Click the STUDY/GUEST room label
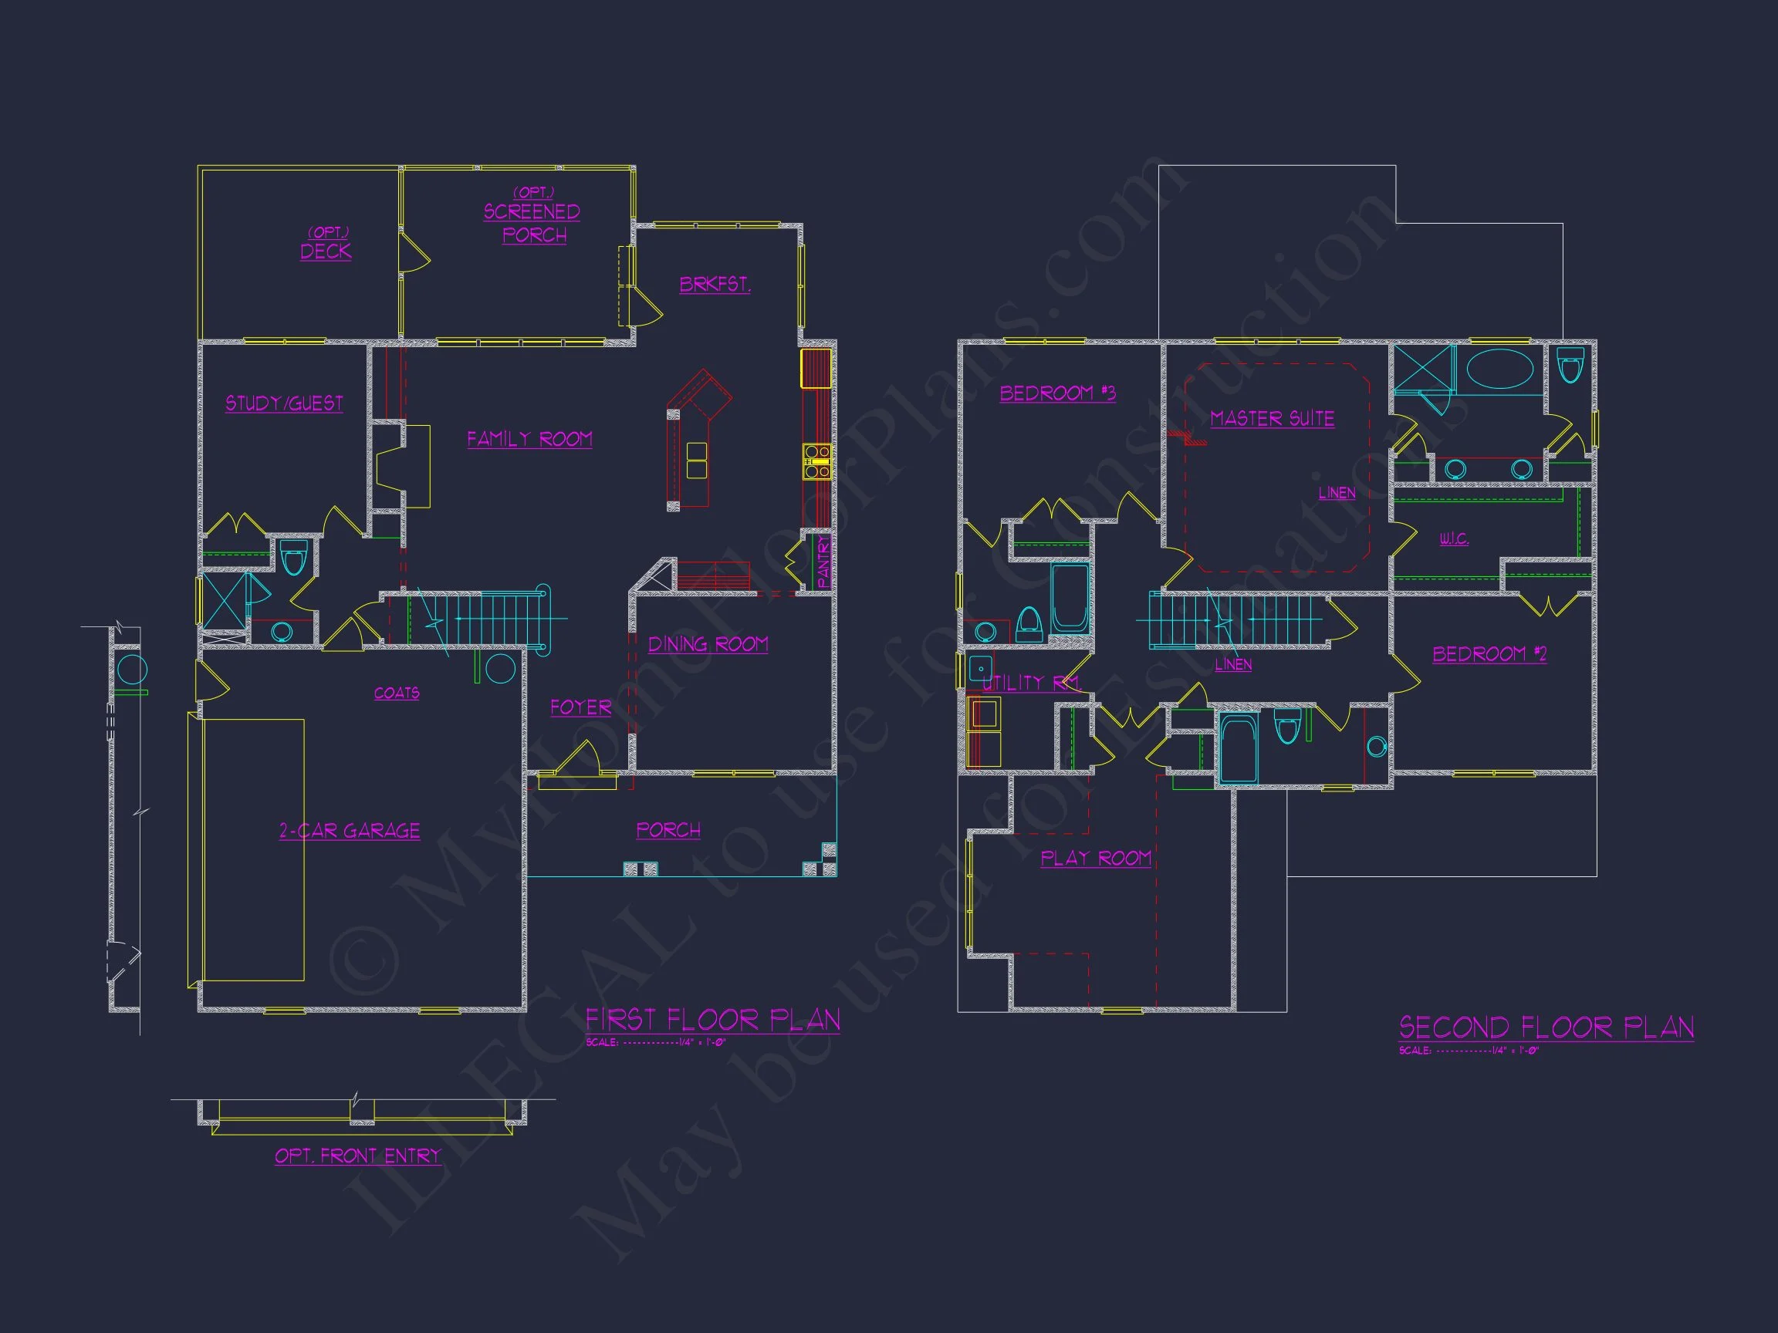(284, 403)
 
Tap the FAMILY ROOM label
(529, 440)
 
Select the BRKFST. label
(715, 285)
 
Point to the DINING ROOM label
(708, 644)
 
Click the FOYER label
(580, 708)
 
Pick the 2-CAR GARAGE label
(350, 831)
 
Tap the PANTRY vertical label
(823, 562)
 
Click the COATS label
(397, 693)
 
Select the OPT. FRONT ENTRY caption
(359, 1156)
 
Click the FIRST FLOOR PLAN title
(712, 1021)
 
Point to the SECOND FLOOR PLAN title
(1546, 1028)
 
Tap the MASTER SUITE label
(1273, 419)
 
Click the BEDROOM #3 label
(1058, 393)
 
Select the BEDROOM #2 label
(1489, 654)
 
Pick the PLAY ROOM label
(1097, 858)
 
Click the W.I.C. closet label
(1454, 538)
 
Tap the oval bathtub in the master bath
(1500, 369)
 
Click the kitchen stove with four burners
(816, 462)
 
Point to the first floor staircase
(478, 618)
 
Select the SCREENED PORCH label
(532, 223)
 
